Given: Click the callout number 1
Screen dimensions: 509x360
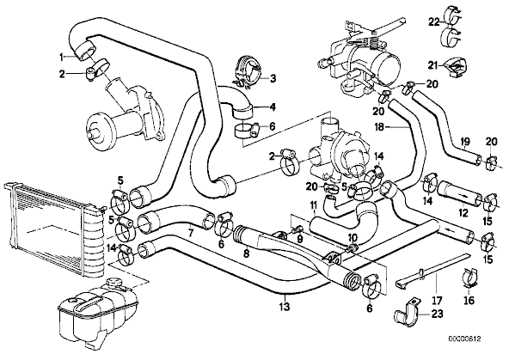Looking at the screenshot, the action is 61,58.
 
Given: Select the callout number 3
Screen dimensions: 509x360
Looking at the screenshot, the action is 273,78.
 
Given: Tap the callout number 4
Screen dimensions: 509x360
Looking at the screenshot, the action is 273,107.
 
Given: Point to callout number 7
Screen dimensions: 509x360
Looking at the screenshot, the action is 191,232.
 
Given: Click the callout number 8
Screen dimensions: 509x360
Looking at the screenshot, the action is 247,253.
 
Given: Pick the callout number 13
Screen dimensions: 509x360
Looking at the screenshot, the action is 285,306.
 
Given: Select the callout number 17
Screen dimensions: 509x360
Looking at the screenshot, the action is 437,301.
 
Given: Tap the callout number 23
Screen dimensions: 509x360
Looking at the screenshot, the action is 438,314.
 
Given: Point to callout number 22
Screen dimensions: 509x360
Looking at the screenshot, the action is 433,22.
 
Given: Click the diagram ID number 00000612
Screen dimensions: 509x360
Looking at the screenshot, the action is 464,339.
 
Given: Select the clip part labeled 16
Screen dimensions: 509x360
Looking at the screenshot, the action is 469,277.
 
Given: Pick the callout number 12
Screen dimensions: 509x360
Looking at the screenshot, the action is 463,213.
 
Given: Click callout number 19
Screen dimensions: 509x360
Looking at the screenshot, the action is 465,142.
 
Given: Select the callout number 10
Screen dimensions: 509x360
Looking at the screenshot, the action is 352,237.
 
